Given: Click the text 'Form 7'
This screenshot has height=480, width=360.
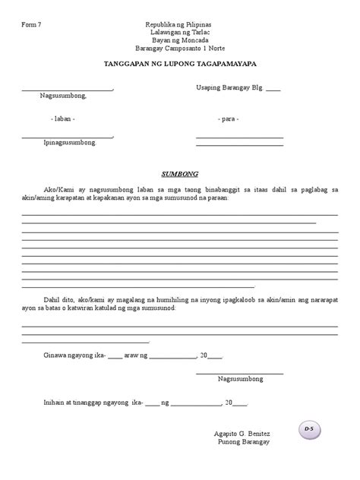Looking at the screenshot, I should pyautogui.click(x=31, y=25).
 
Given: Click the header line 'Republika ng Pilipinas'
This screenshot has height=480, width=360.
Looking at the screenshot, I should pyautogui.click(x=180, y=25).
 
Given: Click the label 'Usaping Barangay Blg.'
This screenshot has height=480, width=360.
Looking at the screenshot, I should pyautogui.click(x=229, y=88).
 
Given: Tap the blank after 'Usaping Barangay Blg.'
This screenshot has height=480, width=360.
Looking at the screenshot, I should pyautogui.click(x=273, y=90).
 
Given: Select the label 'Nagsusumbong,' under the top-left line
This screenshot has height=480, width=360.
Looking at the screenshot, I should pyautogui.click(x=64, y=96).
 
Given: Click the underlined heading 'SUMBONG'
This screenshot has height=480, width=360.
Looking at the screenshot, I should pyautogui.click(x=179, y=173).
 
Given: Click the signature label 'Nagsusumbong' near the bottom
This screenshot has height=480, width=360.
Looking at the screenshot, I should pyautogui.click(x=240, y=378).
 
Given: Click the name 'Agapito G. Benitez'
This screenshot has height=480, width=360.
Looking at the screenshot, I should pyautogui.click(x=242, y=434).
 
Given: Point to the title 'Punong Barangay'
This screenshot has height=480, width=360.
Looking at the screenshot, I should pyautogui.click(x=242, y=442).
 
